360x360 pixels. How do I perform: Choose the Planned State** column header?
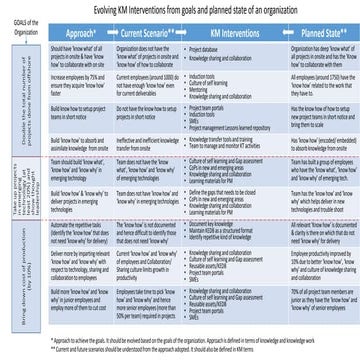point(310,33)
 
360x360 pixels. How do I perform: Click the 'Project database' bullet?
point(205,47)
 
